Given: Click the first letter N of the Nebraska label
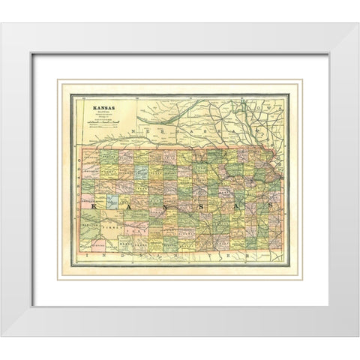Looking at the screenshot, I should [x=133, y=132].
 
